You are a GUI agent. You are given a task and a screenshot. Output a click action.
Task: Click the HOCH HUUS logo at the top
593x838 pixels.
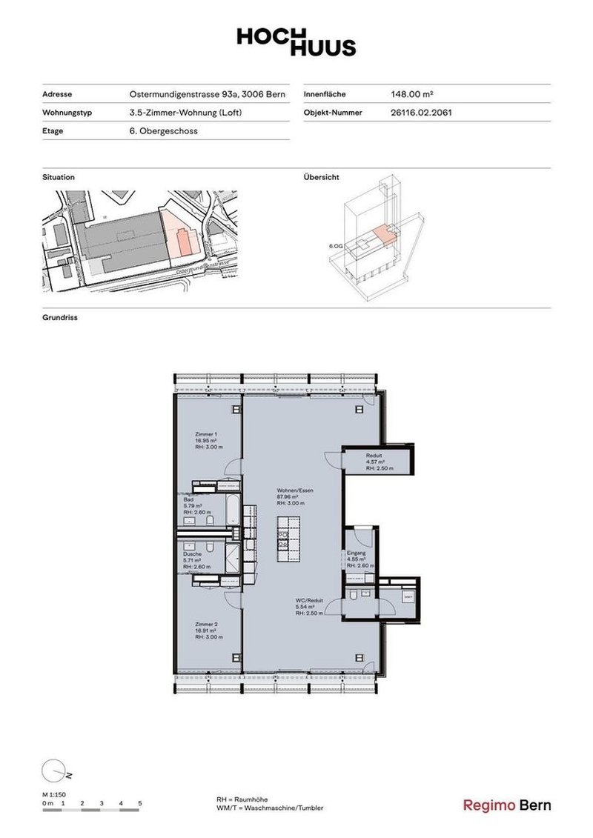pos(296,41)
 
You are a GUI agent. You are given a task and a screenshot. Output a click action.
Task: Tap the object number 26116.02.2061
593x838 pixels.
pos(421,113)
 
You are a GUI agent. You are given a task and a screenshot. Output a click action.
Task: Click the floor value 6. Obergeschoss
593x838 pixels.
pos(163,131)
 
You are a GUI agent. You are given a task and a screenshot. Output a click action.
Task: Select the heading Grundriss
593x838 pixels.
pos(60,317)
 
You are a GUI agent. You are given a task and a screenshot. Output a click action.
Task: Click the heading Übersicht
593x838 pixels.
pos(322,178)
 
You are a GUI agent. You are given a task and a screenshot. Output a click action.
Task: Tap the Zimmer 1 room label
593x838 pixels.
pos(206,434)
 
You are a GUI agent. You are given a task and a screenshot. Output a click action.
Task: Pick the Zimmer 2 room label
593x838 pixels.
pos(206,623)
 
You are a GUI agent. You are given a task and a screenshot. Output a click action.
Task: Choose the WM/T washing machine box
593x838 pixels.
pos(408,596)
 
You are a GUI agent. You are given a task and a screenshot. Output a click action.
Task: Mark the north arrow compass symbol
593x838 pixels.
pos(53,771)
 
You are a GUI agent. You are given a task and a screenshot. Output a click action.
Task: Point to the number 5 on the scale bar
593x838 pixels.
pos(140,803)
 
